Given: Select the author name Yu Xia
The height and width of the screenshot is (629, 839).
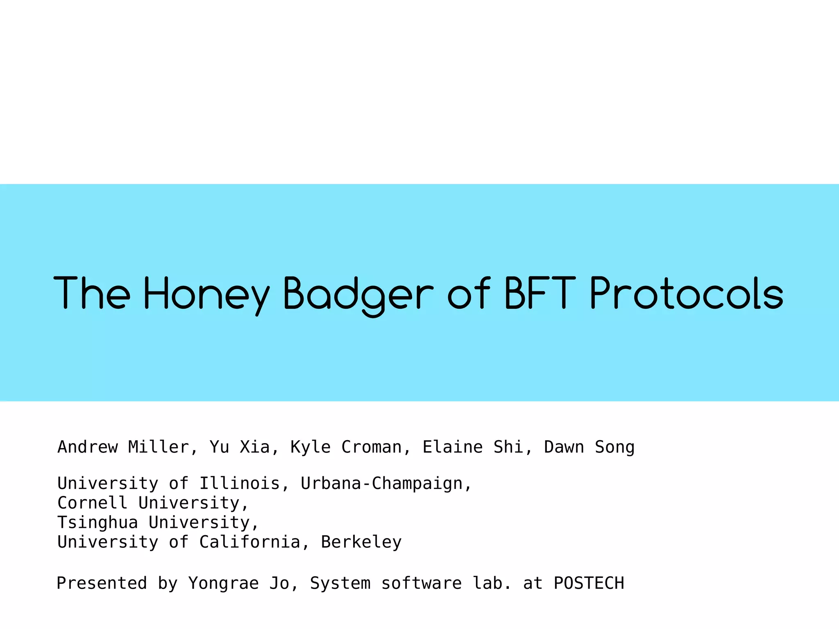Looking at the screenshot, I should click(x=239, y=447).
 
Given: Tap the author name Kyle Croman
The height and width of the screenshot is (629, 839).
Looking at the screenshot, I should click(x=346, y=447).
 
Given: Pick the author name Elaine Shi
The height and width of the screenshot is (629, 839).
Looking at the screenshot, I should click(x=473, y=447).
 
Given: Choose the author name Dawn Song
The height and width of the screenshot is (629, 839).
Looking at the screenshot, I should click(x=589, y=447).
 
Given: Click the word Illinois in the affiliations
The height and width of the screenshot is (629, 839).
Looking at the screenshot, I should click(x=239, y=484).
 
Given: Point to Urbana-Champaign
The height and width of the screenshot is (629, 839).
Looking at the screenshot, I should click(x=381, y=484).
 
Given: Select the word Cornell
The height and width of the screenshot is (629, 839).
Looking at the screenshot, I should click(x=92, y=503).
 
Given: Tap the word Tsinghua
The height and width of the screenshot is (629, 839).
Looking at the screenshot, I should click(x=98, y=523).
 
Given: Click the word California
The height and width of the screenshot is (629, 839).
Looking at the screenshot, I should click(x=249, y=542).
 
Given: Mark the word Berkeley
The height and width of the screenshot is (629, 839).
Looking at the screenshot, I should click(x=361, y=542).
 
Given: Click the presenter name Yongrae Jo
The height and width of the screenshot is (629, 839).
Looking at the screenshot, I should click(x=238, y=583).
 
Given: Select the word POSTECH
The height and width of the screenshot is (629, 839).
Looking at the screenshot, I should click(x=589, y=583).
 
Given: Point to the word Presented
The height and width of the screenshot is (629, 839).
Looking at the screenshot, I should click(x=102, y=583).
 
